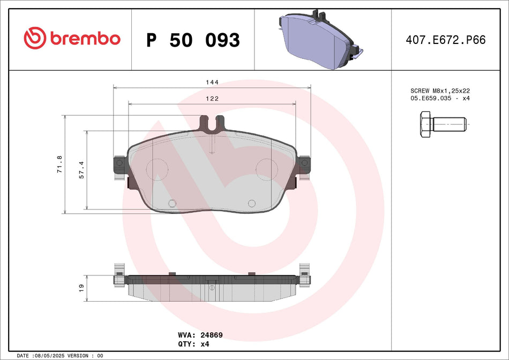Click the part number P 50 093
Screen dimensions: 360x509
(x=193, y=40)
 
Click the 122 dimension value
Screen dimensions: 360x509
(x=213, y=99)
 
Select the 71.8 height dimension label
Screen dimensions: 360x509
(x=59, y=164)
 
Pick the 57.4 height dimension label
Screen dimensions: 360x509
(x=82, y=169)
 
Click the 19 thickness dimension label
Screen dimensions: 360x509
(x=81, y=288)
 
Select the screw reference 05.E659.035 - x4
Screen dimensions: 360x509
(x=439, y=99)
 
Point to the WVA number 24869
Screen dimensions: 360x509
(x=212, y=335)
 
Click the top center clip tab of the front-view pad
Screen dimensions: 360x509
(x=212, y=124)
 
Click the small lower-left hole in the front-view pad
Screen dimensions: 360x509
(x=172, y=203)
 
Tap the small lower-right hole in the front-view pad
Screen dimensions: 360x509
(x=251, y=203)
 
